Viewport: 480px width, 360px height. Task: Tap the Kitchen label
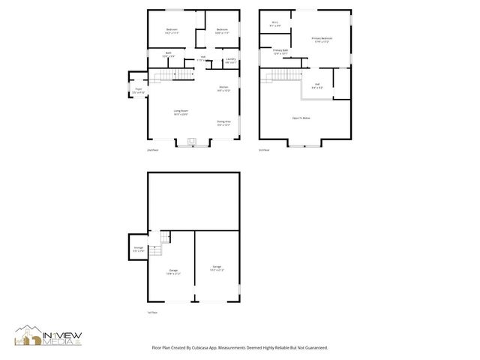pyautogui.click(x=223, y=88)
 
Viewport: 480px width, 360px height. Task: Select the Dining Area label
pyautogui.click(x=223, y=122)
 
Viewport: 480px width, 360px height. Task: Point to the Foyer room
pyautogui.click(x=139, y=90)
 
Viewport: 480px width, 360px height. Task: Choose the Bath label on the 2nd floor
pyautogui.click(x=169, y=54)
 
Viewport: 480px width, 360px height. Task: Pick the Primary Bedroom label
pyautogui.click(x=323, y=39)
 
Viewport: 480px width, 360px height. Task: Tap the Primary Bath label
pyautogui.click(x=280, y=52)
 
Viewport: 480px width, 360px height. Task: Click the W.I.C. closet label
pyautogui.click(x=274, y=24)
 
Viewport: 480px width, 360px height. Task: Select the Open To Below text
pyautogui.click(x=301, y=118)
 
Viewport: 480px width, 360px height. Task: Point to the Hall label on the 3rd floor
pyautogui.click(x=317, y=85)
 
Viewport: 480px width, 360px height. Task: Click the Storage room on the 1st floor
pyautogui.click(x=139, y=248)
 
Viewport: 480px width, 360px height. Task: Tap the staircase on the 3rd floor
pyautogui.click(x=278, y=76)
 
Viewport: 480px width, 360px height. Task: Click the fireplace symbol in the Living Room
pyautogui.click(x=190, y=140)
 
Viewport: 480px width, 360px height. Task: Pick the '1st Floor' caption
pyautogui.click(x=152, y=312)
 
